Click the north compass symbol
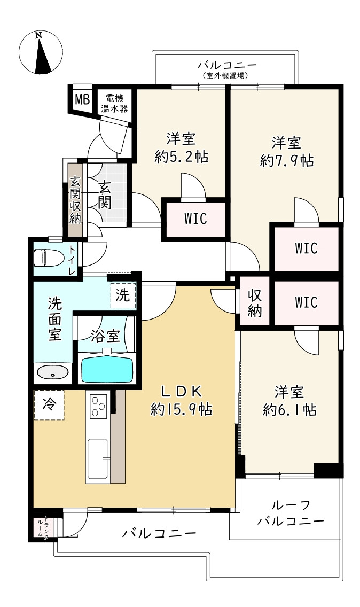click(x=41, y=52)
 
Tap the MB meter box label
click(x=82, y=99)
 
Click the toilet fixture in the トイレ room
click(x=46, y=258)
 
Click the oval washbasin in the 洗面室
click(x=53, y=373)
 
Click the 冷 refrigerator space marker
click(x=49, y=405)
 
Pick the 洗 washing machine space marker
click(x=123, y=295)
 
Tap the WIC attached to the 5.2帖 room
click(x=195, y=219)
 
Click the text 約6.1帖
click(x=289, y=409)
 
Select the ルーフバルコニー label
click(x=291, y=513)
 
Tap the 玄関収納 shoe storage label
click(x=75, y=200)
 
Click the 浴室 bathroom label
click(x=105, y=336)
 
